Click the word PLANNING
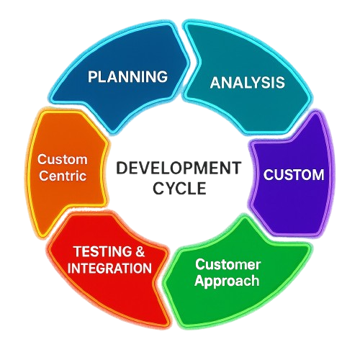127,76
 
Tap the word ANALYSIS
248,83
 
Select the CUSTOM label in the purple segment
294,174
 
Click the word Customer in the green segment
228,264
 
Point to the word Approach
227,281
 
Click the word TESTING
103,251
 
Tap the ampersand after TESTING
140,251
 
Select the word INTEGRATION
109,268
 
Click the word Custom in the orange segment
63,159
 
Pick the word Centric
63,176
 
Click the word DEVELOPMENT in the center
179,168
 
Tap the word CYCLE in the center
179,188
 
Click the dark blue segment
120,72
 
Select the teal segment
247,77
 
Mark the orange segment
65,168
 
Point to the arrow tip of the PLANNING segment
189,63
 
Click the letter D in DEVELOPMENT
121,168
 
